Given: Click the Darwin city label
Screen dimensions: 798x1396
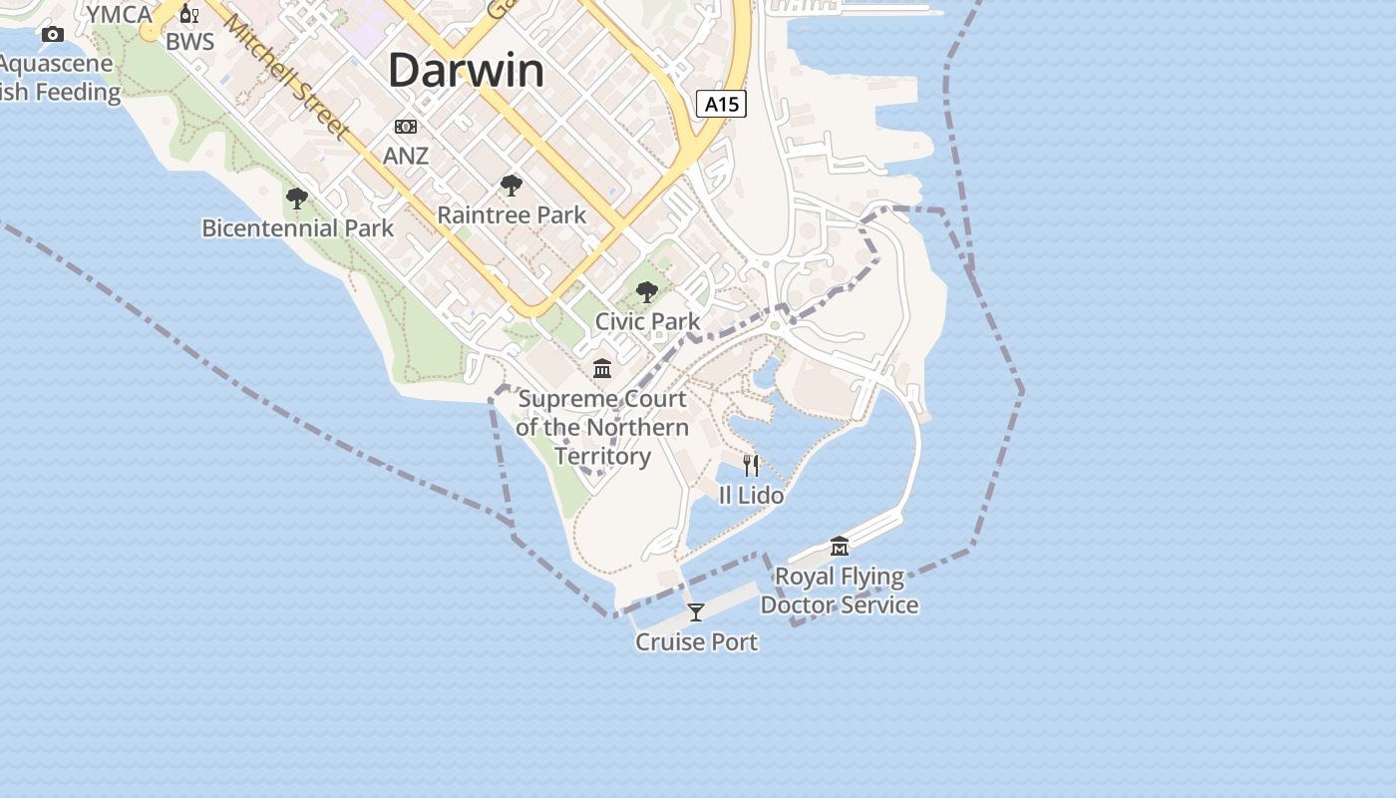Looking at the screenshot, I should pos(467,71).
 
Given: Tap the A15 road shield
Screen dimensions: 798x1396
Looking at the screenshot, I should pos(721,104).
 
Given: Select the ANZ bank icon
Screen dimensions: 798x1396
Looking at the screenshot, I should pos(406,127).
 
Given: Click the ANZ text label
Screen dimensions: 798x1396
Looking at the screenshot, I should pos(406,156).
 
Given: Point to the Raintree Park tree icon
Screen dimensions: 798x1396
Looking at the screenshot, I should pos(512,186).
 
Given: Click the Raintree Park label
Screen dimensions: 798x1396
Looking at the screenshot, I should pos(512,214).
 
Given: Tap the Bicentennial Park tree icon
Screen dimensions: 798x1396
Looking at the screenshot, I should pos(297,199).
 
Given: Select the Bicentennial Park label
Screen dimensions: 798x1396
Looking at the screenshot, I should pos(297,227).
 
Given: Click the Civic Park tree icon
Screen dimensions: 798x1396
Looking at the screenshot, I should pos(647,292).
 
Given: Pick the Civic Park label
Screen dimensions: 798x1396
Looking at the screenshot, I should pos(647,321).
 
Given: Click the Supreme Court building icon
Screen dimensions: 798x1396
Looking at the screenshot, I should pos(602,369).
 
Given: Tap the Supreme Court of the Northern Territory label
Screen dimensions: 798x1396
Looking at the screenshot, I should pos(602,427).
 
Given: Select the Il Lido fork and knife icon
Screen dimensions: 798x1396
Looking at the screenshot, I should pos(751,465).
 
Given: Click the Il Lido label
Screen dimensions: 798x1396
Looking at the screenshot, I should pos(751,495).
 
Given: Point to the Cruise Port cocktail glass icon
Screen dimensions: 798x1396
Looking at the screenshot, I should pos(696,612).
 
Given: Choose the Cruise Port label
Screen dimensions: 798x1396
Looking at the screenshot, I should pos(696,641).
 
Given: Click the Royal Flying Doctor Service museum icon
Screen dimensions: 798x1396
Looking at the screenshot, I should pos(840,547).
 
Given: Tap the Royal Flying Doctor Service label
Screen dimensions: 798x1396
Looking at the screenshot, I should pos(840,591).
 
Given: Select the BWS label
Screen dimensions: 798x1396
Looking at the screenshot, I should pos(189,43).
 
